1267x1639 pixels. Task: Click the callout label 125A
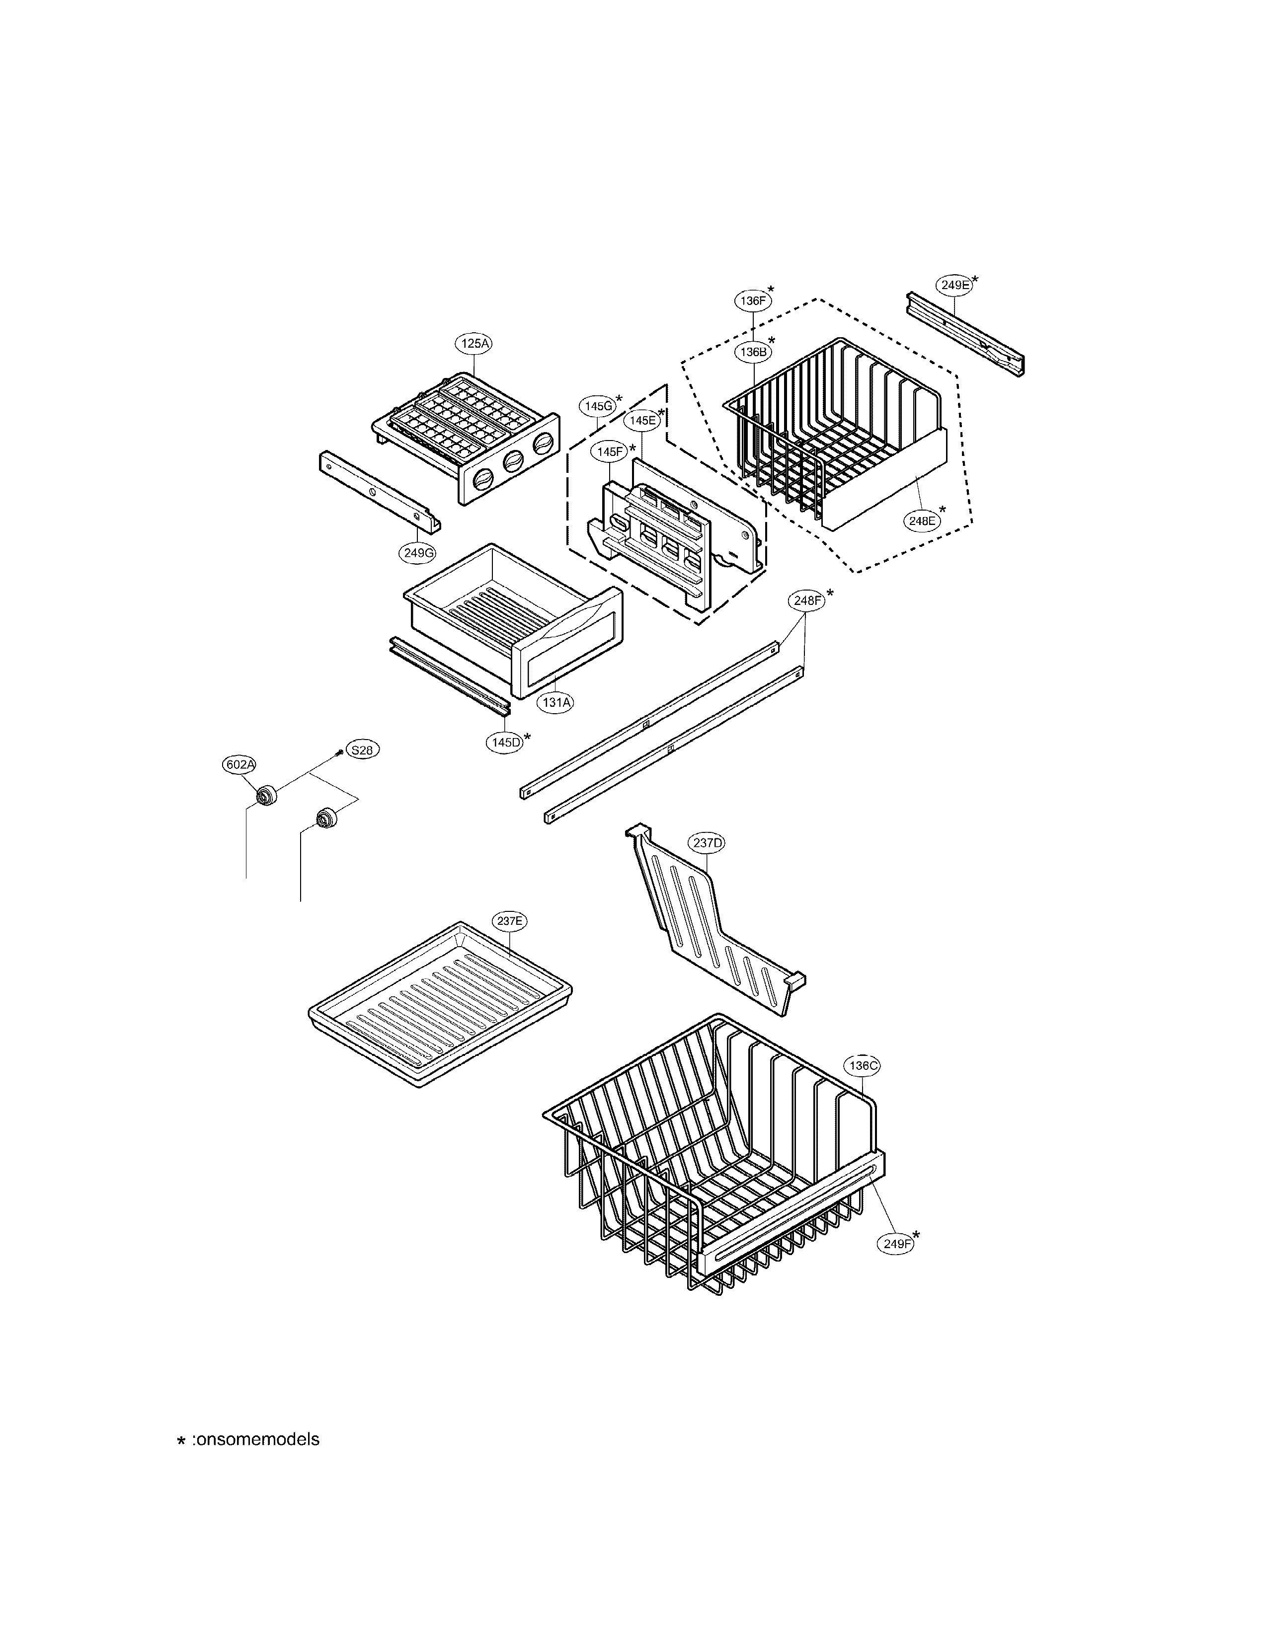[x=475, y=344]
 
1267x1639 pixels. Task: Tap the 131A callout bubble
[x=556, y=702]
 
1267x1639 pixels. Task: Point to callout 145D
[x=505, y=742]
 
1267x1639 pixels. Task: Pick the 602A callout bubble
[x=239, y=765]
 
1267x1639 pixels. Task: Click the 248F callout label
[x=806, y=600]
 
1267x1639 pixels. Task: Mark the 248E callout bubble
[x=922, y=520]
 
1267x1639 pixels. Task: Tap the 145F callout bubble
[x=610, y=452]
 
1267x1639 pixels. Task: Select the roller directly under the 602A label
[x=266, y=796]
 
